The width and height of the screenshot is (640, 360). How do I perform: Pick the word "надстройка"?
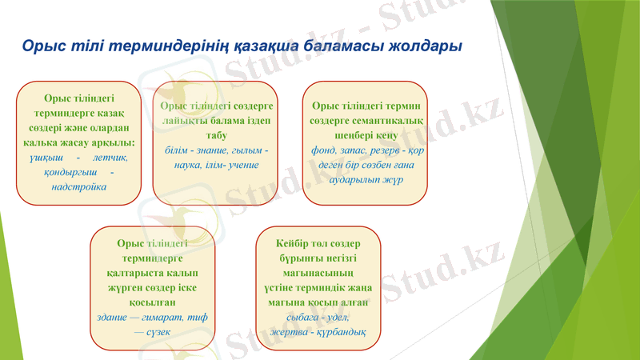78,186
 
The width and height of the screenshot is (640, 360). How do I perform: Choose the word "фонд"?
323,150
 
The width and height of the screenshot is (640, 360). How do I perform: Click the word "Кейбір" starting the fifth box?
293,243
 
